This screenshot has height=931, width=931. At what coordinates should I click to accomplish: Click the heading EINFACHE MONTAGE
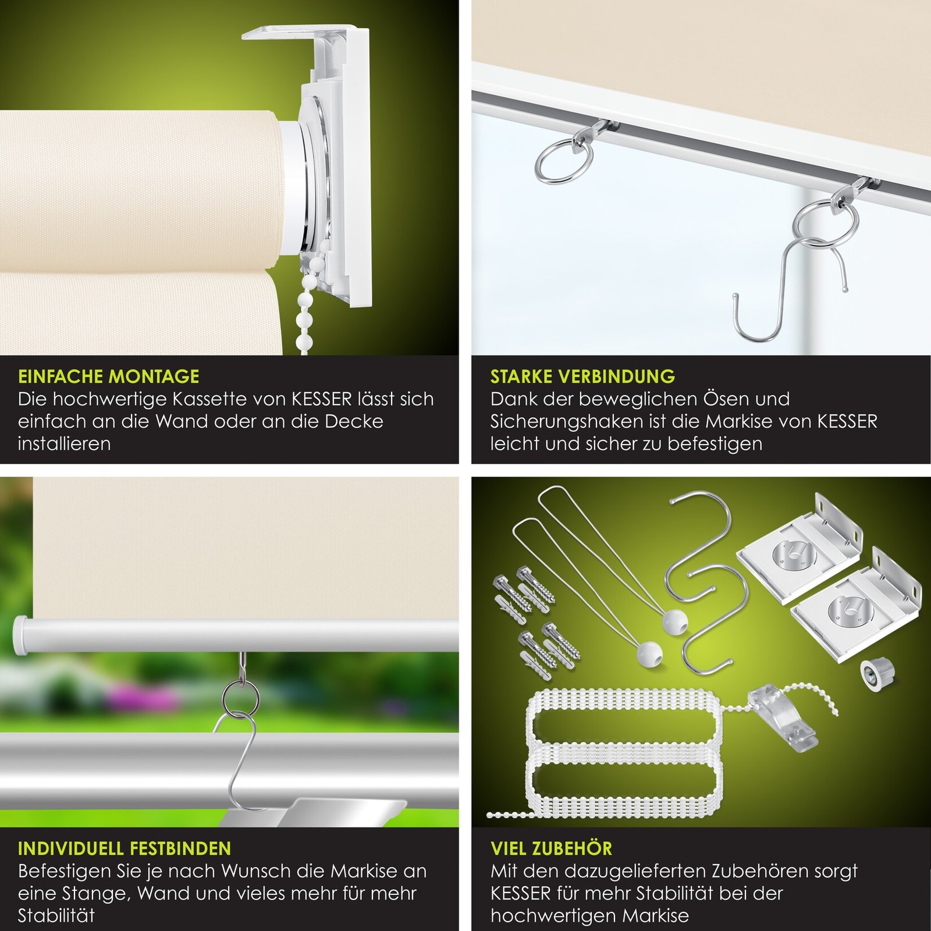point(109,376)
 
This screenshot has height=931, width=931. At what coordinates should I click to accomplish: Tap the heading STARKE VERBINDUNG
point(582,376)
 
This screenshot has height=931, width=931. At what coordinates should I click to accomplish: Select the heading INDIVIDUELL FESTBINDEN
point(125,848)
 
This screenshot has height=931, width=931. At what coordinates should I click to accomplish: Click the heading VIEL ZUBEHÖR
point(552,848)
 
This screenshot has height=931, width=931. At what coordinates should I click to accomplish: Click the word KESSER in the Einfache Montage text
point(322,399)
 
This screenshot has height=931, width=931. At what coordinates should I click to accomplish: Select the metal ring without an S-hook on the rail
point(564,157)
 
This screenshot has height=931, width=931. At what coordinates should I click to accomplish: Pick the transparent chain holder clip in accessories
point(784,719)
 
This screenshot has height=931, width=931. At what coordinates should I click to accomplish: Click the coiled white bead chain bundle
point(624,751)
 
